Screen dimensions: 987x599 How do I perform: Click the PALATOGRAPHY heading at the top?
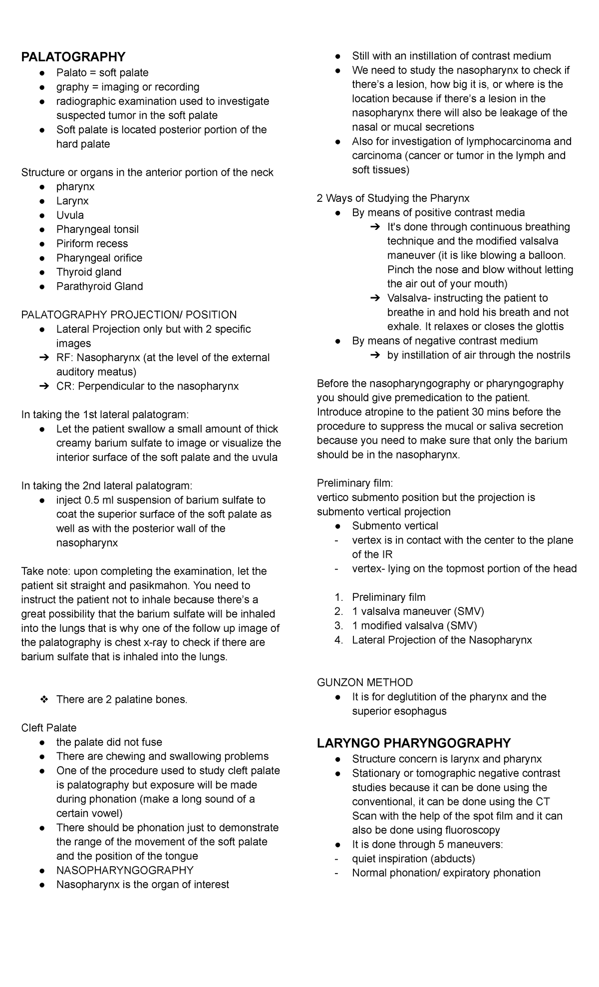pyautogui.click(x=73, y=56)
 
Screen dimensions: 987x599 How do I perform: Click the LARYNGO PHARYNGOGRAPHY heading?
pyautogui.click(x=414, y=743)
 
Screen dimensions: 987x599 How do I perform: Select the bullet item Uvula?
pyautogui.click(x=70, y=215)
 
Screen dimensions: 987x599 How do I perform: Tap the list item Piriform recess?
pyautogui.click(x=92, y=244)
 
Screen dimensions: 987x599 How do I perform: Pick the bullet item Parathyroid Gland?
pyautogui.click(x=99, y=286)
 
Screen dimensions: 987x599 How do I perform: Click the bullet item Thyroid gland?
pyautogui.click(x=88, y=272)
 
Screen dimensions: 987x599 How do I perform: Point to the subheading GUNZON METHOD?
pyautogui.click(x=365, y=682)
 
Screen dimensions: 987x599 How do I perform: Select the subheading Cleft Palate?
pyautogui.click(x=48, y=728)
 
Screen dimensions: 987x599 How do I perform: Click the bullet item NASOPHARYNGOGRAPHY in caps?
pyautogui.click(x=124, y=870)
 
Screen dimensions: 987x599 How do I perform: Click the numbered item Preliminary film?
pyautogui.click(x=388, y=597)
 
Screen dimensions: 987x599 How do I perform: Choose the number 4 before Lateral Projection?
pyautogui.click(x=339, y=640)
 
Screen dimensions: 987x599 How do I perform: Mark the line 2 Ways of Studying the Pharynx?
pyautogui.click(x=393, y=198)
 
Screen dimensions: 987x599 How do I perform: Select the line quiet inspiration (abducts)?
pyautogui.click(x=413, y=859)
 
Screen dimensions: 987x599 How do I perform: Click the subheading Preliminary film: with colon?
pyautogui.click(x=355, y=483)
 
